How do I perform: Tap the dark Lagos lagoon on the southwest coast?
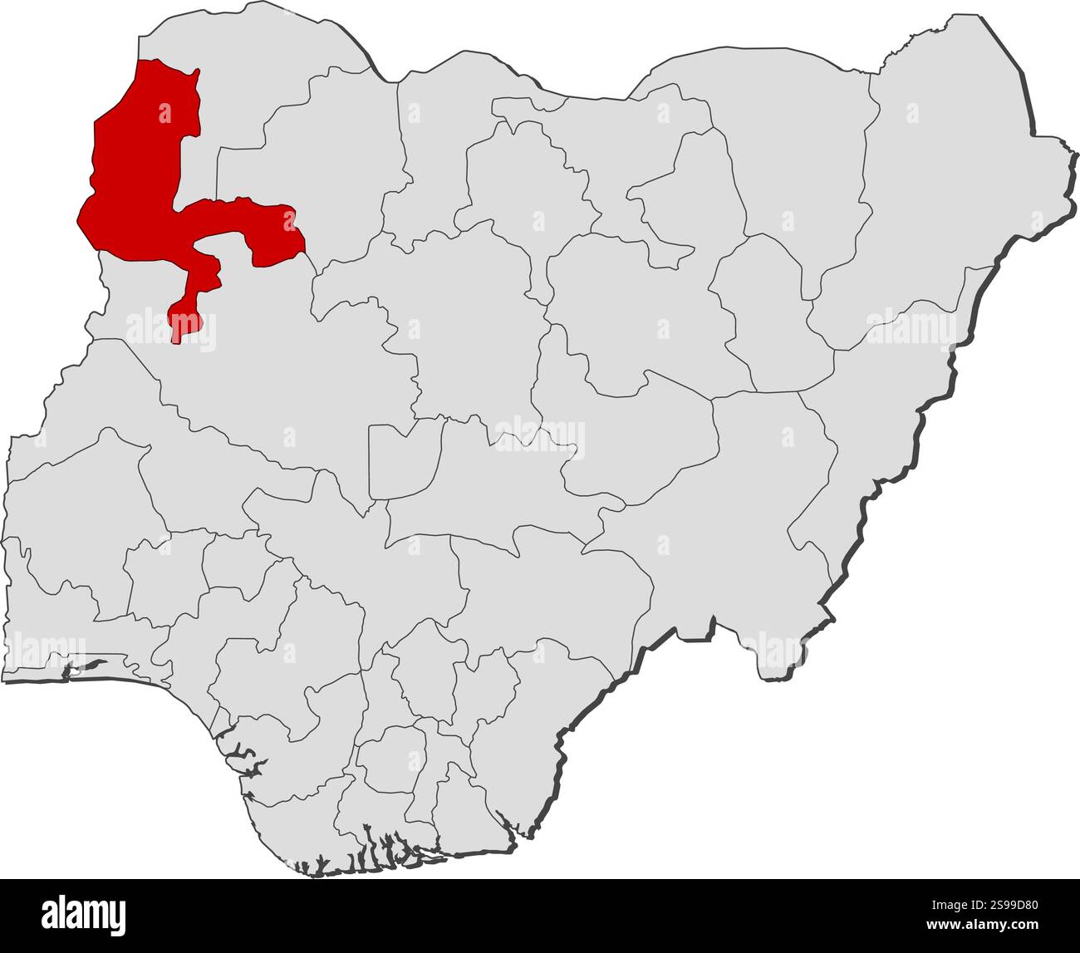coord(87,666)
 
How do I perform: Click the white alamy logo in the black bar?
coord(84,916)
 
